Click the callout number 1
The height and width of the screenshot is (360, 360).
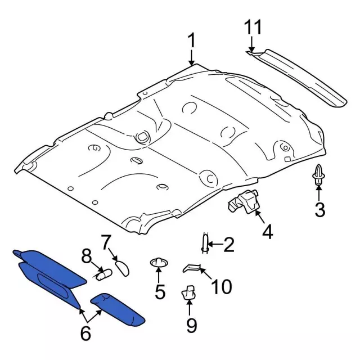click(x=191, y=41)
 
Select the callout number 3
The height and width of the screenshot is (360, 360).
click(x=319, y=211)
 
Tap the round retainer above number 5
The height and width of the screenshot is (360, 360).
click(x=159, y=263)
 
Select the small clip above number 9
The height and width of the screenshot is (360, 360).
click(x=189, y=292)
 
